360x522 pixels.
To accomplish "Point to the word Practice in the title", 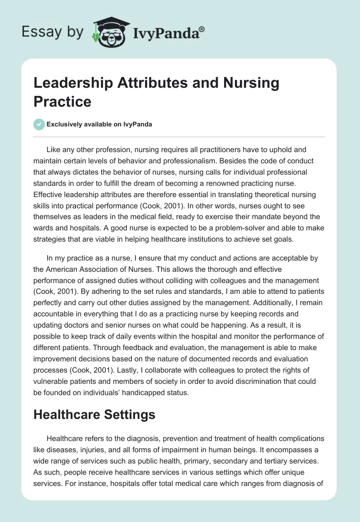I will coord(63,101).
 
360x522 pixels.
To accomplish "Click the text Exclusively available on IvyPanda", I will coord(99,125).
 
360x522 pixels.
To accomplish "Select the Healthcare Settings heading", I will coord(94,414).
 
